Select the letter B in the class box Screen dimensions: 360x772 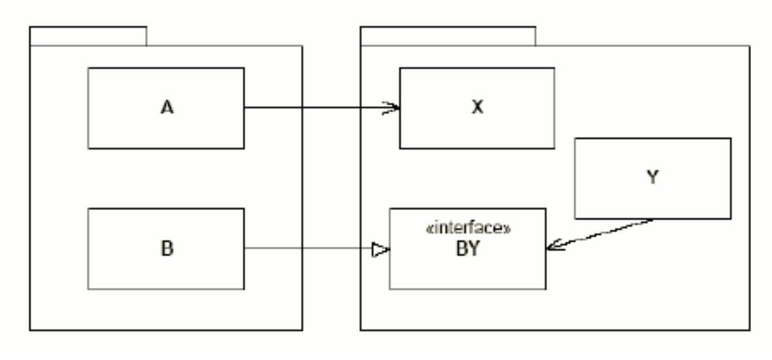(167, 249)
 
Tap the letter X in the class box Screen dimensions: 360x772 (477, 108)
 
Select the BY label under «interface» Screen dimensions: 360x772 (468, 249)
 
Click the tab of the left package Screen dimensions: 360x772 (88, 37)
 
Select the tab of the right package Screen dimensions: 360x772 (447, 37)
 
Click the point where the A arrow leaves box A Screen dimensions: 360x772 (245, 109)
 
